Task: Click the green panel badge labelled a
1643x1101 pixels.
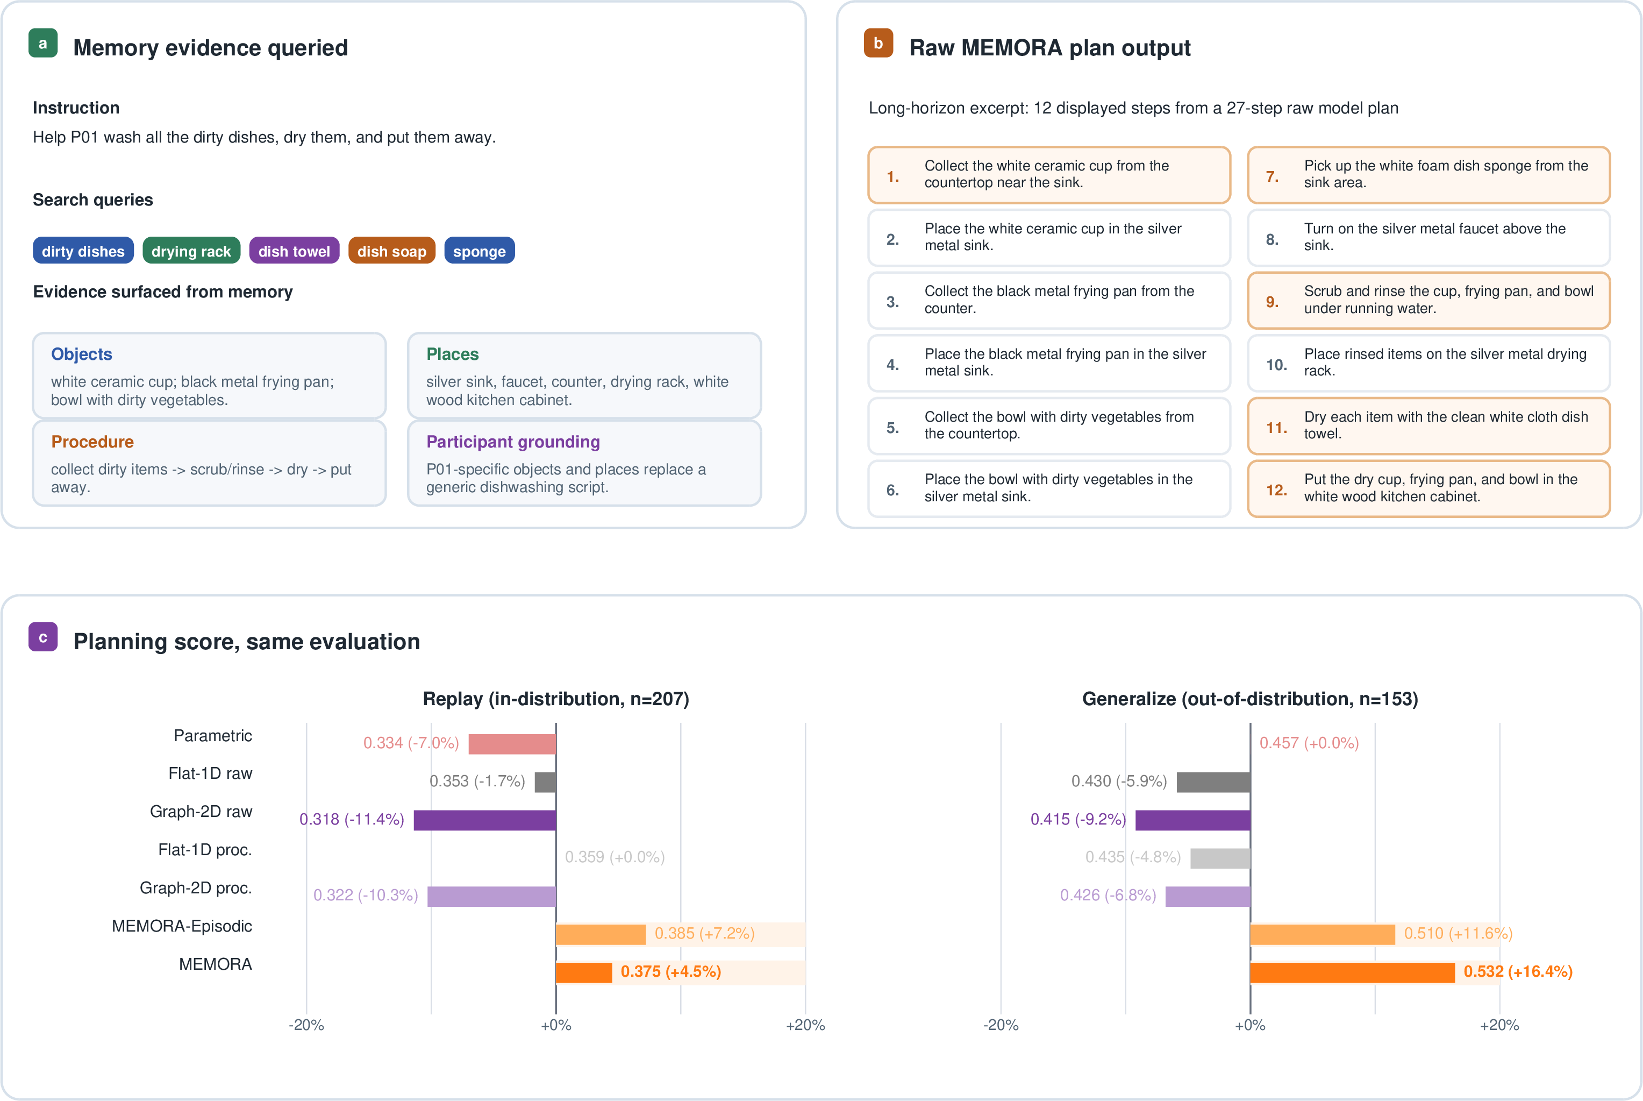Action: (x=43, y=43)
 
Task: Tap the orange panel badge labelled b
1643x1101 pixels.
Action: (x=878, y=43)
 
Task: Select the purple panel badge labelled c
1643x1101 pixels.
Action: (x=43, y=637)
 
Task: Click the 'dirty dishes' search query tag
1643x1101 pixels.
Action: (x=83, y=251)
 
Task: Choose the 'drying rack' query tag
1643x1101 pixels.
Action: (x=191, y=251)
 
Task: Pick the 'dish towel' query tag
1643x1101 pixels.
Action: (x=294, y=251)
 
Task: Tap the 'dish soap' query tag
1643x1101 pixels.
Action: (x=391, y=251)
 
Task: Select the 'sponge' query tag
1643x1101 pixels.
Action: (x=480, y=251)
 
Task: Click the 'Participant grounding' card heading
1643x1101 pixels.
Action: (x=513, y=442)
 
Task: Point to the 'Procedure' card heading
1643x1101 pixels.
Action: (x=92, y=442)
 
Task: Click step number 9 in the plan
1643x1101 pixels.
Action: (x=1271, y=302)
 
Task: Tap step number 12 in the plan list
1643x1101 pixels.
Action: (x=1276, y=490)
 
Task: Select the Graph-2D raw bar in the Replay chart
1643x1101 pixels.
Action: (x=485, y=820)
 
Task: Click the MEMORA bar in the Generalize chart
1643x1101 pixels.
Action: (x=1353, y=972)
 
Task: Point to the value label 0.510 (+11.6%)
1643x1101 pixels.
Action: (x=1458, y=933)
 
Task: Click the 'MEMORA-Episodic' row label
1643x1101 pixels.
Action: (x=182, y=926)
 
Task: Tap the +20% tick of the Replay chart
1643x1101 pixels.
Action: (x=805, y=1025)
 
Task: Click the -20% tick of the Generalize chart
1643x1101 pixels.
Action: (x=1001, y=1025)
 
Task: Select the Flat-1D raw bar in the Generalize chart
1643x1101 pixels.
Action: (x=1213, y=782)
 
